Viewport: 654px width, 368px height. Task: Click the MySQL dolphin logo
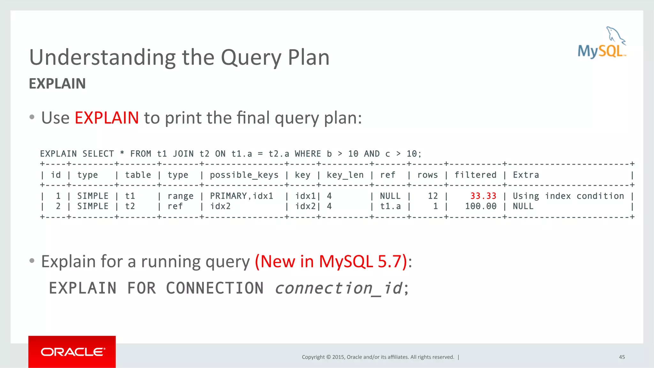[602, 43]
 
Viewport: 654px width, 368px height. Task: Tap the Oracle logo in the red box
[72, 352]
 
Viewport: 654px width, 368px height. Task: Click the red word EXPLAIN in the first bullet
[107, 118]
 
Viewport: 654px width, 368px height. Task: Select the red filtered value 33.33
[483, 196]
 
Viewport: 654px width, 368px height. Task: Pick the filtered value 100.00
[481, 207]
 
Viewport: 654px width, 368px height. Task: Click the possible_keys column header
[244, 175]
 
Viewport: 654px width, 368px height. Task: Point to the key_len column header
[345, 175]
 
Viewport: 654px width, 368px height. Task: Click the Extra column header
[526, 175]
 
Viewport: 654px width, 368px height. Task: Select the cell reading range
[180, 196]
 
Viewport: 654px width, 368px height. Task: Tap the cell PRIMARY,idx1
[241, 196]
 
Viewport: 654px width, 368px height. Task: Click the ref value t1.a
[390, 207]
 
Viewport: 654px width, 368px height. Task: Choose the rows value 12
[433, 196]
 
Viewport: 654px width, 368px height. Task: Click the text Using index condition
[568, 196]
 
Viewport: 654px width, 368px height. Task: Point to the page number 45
[622, 357]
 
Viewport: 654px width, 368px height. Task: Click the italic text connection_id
[339, 288]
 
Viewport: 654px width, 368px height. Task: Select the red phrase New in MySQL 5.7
[331, 261]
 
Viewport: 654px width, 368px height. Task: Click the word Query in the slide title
[251, 58]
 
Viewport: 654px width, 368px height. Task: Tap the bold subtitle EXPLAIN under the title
[57, 84]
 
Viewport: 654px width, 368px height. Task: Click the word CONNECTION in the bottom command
[215, 288]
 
